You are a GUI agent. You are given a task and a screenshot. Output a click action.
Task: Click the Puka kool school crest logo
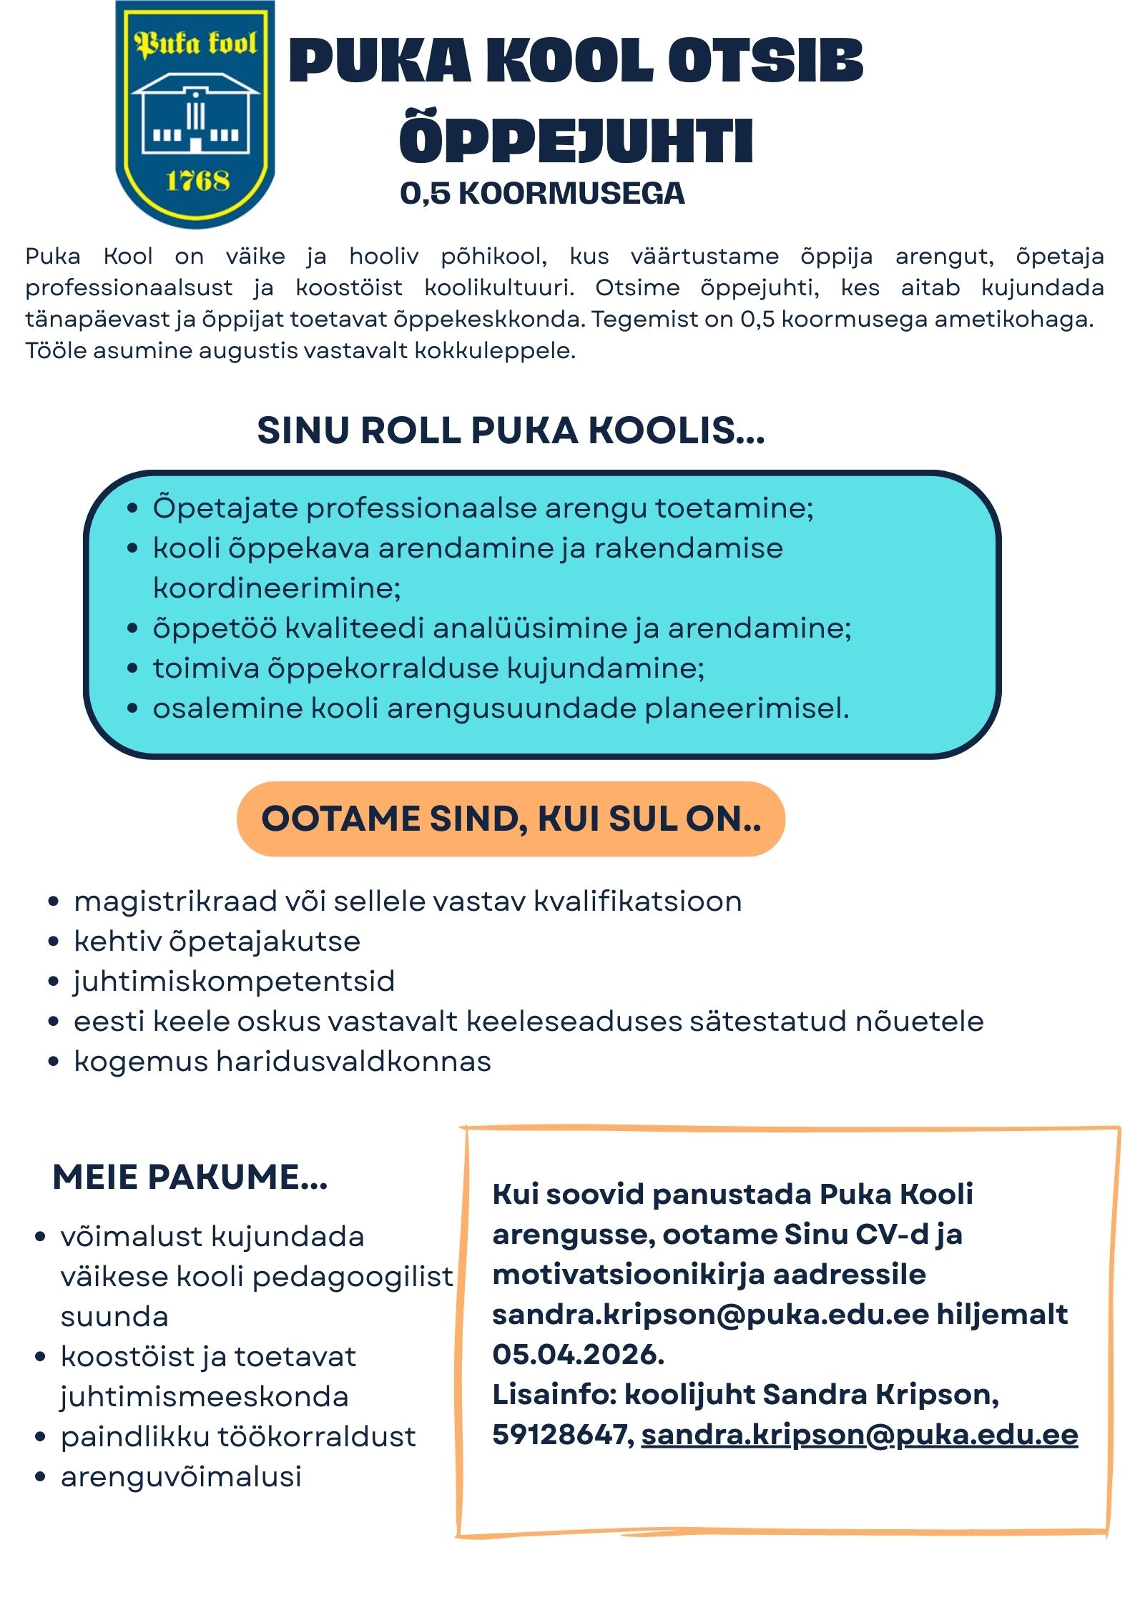[x=195, y=114]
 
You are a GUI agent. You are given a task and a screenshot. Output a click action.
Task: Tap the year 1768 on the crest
[x=197, y=180]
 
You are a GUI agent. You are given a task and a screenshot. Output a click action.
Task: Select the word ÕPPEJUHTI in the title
[x=576, y=139]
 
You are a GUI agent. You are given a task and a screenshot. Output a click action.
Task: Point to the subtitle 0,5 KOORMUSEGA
[x=542, y=194]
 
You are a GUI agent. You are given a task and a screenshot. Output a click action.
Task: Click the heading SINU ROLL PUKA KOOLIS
[x=511, y=430]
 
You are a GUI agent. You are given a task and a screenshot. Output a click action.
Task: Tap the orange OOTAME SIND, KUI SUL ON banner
[x=511, y=819]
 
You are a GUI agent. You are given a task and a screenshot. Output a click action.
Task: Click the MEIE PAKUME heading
[x=190, y=1177]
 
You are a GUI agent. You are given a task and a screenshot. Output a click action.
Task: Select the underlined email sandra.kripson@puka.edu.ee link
[x=860, y=1435]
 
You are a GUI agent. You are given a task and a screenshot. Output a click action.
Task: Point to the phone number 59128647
[x=559, y=1435]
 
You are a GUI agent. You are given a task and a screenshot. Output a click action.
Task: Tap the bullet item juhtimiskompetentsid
[x=234, y=982]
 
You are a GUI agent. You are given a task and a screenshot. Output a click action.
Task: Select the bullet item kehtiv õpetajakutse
[x=217, y=942]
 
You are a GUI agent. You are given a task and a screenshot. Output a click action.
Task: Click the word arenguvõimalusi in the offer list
[x=181, y=1476]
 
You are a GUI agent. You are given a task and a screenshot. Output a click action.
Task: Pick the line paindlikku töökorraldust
[x=238, y=1436]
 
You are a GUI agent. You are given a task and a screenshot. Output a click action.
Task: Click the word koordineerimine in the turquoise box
[x=277, y=588]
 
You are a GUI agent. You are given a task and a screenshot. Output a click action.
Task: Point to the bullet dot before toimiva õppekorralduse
[x=132, y=669]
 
